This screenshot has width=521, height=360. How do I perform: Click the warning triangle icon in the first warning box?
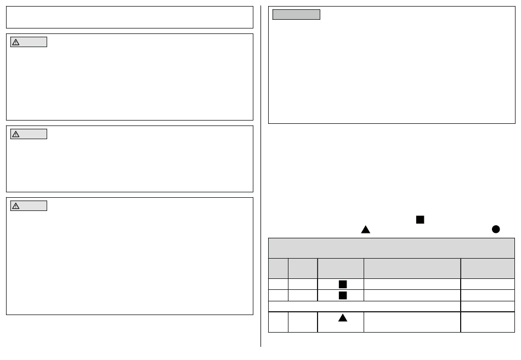click(x=16, y=42)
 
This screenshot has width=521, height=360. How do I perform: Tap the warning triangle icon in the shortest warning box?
click(x=16, y=134)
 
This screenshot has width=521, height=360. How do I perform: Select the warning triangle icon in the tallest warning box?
click(x=16, y=206)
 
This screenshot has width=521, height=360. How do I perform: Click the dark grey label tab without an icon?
click(x=296, y=15)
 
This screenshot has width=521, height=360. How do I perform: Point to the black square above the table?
click(x=420, y=219)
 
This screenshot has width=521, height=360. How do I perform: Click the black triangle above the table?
click(x=366, y=230)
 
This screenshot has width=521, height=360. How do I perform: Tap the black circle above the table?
click(x=496, y=230)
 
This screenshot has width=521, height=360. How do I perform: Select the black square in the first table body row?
click(x=343, y=284)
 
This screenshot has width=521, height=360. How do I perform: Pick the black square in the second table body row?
click(x=343, y=295)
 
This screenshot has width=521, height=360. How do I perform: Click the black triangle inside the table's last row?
click(x=343, y=317)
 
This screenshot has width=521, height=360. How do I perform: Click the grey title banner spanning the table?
click(x=391, y=248)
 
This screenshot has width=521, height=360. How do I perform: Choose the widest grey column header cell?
click(x=412, y=268)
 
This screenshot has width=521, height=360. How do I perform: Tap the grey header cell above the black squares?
click(x=341, y=268)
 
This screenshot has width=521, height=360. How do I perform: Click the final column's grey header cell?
click(x=488, y=268)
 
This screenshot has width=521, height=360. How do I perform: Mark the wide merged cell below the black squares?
click(x=364, y=306)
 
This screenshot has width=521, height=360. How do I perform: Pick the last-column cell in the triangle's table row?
click(x=488, y=322)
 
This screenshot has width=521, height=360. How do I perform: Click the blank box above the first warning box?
click(x=129, y=18)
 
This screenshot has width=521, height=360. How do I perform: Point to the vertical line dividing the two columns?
click(x=260, y=175)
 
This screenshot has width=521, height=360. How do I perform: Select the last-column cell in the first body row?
click(x=488, y=284)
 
